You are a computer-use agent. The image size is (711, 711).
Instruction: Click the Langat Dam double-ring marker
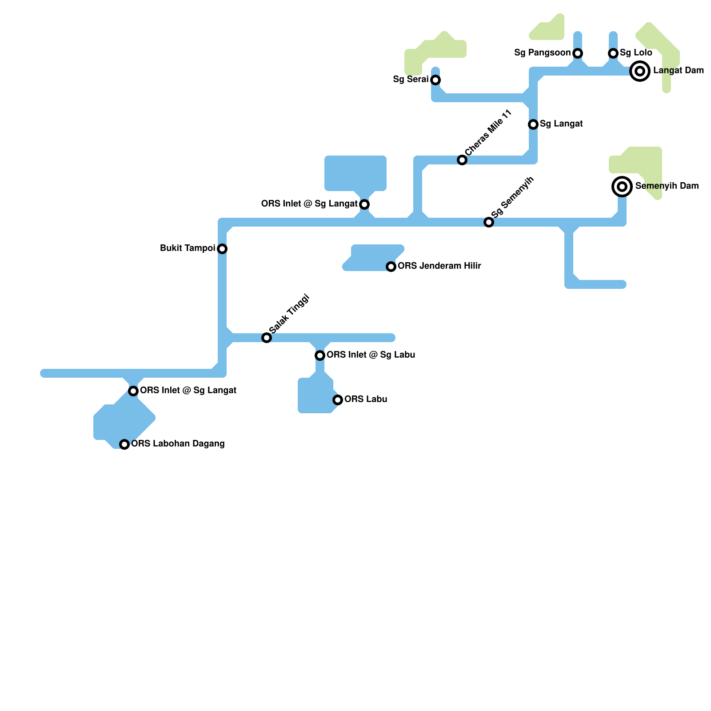click(640, 71)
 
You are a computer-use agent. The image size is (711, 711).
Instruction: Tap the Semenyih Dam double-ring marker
click(622, 187)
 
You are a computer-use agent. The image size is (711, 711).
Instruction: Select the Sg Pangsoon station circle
click(578, 53)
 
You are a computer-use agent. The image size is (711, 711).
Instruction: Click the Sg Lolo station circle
click(613, 53)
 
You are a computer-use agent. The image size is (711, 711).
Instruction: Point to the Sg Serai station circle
click(435, 80)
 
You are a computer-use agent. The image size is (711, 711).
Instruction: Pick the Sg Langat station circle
click(533, 124)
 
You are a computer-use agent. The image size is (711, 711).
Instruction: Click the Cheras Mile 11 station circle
click(462, 160)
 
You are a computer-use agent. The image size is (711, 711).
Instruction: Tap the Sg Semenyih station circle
click(489, 222)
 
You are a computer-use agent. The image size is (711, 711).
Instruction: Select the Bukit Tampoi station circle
click(222, 249)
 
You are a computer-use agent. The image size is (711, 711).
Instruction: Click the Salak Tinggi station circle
click(267, 338)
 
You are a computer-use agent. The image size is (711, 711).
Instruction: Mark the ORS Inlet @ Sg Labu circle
click(320, 355)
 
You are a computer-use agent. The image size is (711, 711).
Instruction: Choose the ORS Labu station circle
click(338, 400)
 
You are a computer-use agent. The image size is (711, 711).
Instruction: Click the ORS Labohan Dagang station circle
click(124, 444)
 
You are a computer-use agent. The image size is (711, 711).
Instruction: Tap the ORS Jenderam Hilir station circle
click(391, 267)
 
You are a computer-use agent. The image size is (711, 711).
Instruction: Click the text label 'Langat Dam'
click(679, 71)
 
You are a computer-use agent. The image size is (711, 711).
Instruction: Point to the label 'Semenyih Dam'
click(667, 186)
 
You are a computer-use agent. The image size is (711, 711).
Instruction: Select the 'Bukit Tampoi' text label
click(188, 248)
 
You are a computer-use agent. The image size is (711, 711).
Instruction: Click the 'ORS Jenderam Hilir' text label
click(439, 266)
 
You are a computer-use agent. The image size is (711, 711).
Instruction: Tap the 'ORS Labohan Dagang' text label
click(178, 444)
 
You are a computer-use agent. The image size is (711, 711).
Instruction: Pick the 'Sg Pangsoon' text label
click(542, 53)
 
